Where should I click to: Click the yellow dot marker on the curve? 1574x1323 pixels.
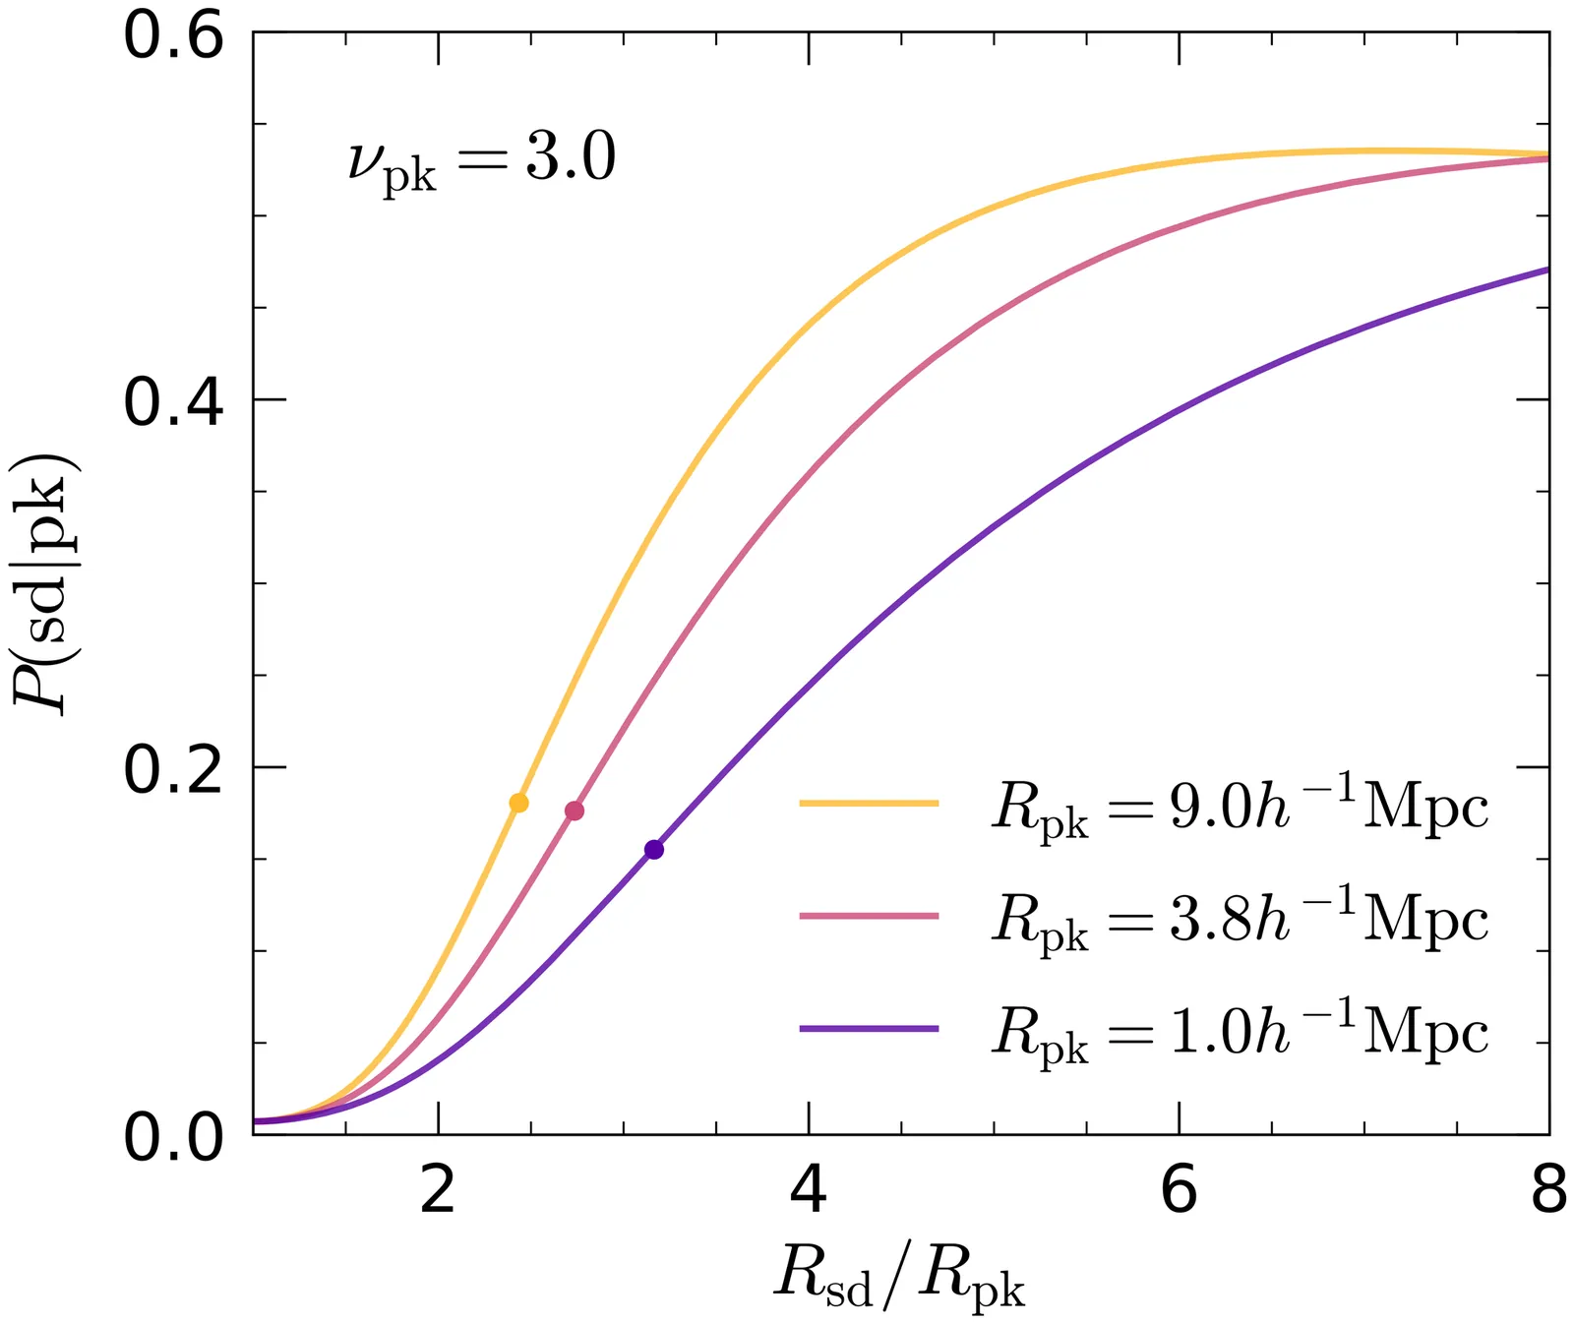[518, 803]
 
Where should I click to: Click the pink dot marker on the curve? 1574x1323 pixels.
[575, 811]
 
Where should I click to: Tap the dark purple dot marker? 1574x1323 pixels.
[654, 850]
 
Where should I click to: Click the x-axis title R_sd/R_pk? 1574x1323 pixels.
[899, 1276]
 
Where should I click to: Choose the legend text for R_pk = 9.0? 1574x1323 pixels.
[1240, 809]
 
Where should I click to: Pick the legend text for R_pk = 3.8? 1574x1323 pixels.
[1240, 921]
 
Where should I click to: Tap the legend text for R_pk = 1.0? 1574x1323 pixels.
[1240, 1033]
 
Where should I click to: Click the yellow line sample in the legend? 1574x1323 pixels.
[869, 803]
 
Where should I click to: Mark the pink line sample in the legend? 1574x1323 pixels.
[869, 916]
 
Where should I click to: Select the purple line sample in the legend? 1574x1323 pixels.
[869, 1029]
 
